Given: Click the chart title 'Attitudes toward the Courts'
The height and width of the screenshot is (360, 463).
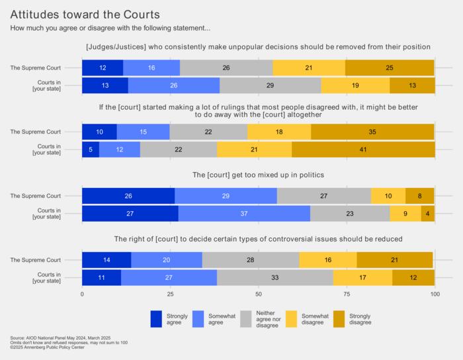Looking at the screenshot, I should [x=85, y=14].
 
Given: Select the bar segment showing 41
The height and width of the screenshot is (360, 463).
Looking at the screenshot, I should [x=363, y=149].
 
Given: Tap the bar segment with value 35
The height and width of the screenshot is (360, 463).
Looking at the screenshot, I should [x=372, y=132].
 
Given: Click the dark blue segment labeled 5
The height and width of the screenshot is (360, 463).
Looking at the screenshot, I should [x=91, y=149].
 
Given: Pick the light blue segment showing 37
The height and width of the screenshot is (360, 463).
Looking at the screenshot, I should [x=244, y=214].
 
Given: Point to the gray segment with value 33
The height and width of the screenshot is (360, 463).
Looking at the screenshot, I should [x=274, y=278].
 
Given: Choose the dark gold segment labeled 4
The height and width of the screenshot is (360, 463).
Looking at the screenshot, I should [x=428, y=214].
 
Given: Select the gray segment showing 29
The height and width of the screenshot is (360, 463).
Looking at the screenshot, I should [x=270, y=85].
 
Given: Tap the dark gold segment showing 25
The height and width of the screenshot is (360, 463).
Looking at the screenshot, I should [x=390, y=67].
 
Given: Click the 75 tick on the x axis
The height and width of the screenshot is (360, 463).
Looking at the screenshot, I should [x=347, y=294].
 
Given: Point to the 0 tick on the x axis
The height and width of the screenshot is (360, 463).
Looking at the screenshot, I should [x=82, y=294].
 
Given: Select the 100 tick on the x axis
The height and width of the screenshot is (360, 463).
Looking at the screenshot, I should [x=435, y=294].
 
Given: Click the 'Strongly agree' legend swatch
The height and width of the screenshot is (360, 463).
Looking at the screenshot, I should [x=156, y=318].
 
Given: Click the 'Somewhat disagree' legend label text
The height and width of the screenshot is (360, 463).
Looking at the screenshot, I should [x=315, y=318].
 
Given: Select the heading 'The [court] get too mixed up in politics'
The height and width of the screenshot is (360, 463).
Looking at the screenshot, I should [x=259, y=175].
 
